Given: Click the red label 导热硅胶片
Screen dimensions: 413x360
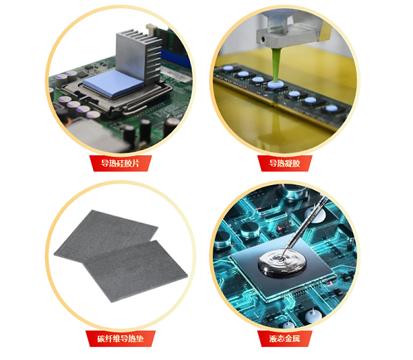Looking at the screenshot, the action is tap(120, 163).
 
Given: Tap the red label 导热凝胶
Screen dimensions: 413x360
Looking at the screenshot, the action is tap(284, 163).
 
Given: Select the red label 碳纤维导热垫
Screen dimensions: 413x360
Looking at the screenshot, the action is tap(120, 339).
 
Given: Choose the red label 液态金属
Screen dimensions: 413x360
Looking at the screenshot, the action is tap(284, 339).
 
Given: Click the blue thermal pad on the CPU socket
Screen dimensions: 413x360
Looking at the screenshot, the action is tap(114, 83).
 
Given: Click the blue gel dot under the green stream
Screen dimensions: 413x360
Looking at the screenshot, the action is tap(275, 84).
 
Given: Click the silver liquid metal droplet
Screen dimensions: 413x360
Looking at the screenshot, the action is tap(282, 262).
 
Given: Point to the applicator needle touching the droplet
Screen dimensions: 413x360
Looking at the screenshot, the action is tap(305, 226).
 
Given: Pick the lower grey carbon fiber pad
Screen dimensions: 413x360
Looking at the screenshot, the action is tap(136, 271).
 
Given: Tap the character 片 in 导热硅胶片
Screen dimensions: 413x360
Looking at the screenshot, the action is tap(136, 163).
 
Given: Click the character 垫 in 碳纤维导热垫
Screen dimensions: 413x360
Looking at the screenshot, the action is tap(140, 339).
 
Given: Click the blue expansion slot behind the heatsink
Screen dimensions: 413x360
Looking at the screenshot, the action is tap(175, 59).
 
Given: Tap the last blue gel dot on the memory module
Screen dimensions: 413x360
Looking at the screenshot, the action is tap(331, 108).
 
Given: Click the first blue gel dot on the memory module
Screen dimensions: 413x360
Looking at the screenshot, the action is tap(228, 68).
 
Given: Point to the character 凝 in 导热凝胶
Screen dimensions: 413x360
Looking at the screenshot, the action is tap(288, 163).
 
